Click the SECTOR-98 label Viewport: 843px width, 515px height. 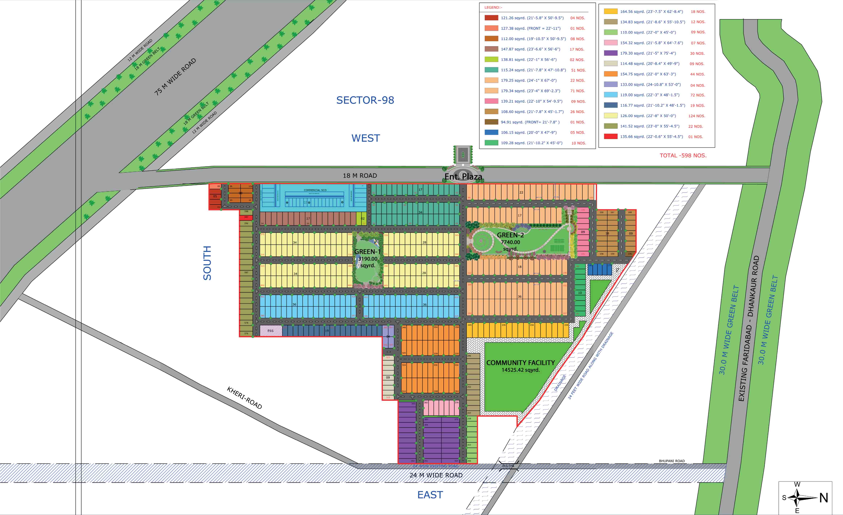coord(365,100)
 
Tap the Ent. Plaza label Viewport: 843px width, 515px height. coord(463,176)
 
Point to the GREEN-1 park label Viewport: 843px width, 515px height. coord(368,252)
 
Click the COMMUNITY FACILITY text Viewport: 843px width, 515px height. coord(520,363)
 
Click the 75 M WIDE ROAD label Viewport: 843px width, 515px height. coord(175,76)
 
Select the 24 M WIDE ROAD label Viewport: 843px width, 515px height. coord(436,475)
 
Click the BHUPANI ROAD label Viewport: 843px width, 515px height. coord(672,461)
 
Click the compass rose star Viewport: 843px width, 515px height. coord(797,498)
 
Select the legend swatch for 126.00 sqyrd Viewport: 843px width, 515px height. coord(611,116)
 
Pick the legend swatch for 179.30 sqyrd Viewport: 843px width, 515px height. coord(611,53)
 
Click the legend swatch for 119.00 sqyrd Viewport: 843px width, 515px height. coord(611,95)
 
